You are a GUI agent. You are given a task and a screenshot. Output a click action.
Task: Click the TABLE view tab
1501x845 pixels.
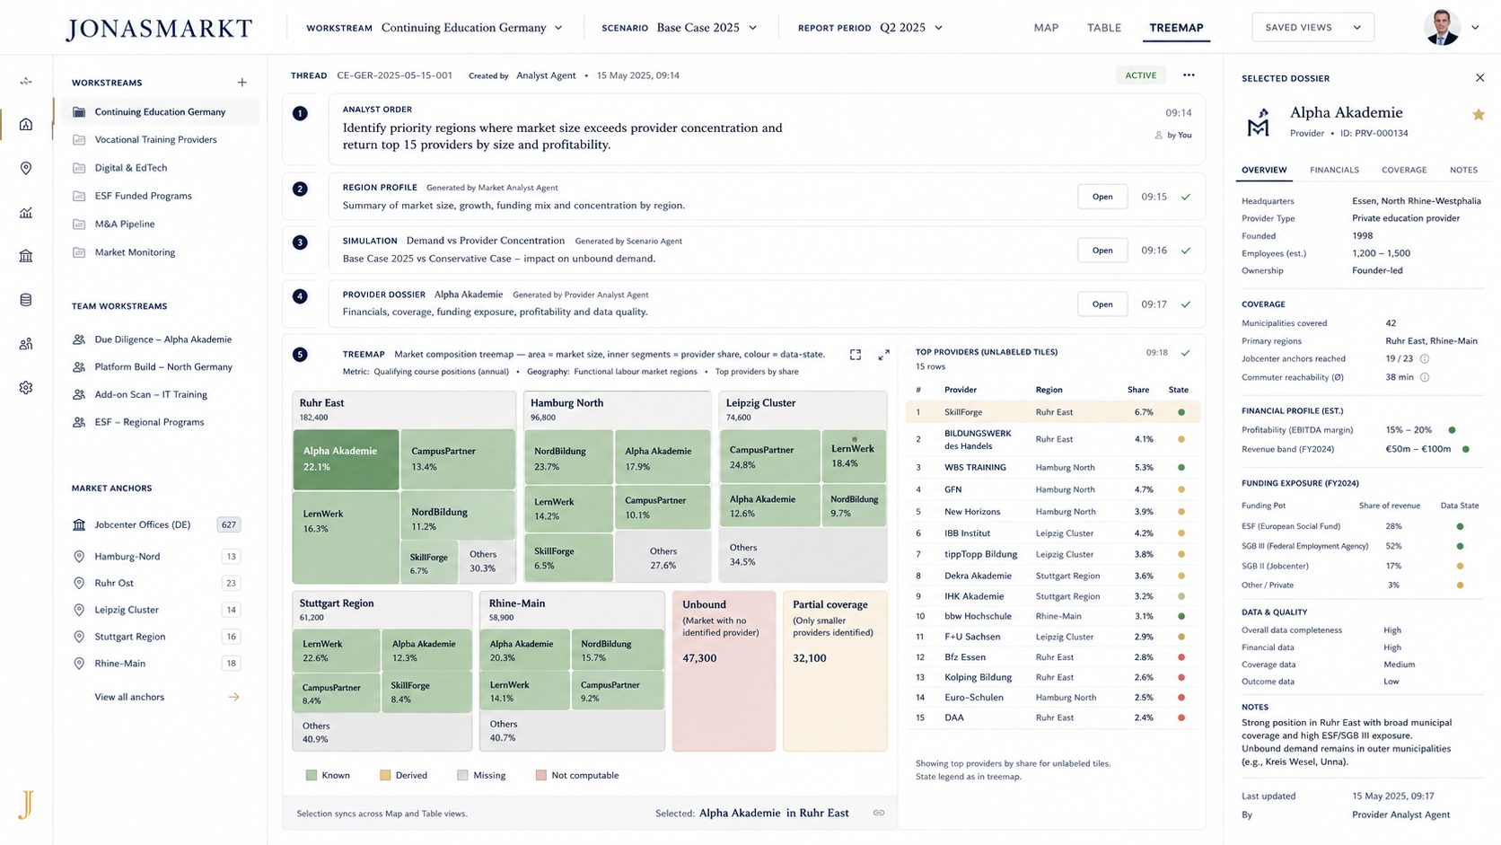pos(1103,28)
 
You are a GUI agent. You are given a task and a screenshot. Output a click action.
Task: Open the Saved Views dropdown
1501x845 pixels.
pos(1312,28)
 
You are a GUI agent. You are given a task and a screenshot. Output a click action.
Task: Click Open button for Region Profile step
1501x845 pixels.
pos(1102,197)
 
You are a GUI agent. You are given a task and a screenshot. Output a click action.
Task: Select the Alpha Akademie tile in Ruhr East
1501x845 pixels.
pos(346,459)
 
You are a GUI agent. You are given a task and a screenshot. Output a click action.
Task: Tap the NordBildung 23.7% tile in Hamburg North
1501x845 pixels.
pos(568,457)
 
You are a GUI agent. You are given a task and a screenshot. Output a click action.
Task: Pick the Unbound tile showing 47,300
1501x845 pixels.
pos(724,671)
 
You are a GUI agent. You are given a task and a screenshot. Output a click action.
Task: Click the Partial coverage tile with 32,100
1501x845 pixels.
pos(835,671)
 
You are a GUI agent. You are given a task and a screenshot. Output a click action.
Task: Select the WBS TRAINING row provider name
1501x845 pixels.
pos(975,467)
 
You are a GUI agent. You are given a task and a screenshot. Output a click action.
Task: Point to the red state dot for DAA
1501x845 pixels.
pos(1181,717)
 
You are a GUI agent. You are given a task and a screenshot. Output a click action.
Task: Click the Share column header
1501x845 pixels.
pos(1137,390)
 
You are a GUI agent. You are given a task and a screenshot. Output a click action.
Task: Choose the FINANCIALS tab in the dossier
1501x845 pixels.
pos(1334,171)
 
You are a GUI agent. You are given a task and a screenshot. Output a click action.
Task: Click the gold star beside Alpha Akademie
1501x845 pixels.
pos(1479,115)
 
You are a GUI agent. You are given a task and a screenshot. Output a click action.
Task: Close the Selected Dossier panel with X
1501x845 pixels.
pos(1479,78)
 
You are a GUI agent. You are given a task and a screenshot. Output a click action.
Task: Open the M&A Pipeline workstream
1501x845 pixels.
pos(125,224)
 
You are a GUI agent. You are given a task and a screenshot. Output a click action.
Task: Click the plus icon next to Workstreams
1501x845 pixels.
pos(241,83)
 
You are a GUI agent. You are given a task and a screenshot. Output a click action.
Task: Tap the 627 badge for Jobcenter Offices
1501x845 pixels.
pos(229,524)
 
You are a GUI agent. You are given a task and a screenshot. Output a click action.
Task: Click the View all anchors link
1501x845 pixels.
pos(129,697)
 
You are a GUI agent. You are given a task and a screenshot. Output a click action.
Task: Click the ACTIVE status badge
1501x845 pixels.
pos(1140,75)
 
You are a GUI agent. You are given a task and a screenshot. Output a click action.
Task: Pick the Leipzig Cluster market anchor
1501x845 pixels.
pos(127,610)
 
